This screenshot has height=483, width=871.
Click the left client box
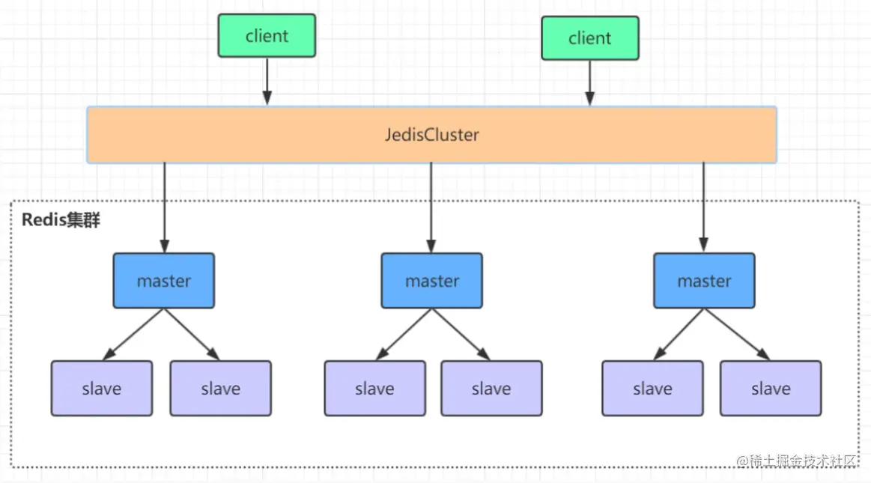(267, 36)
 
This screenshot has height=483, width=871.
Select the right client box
(590, 38)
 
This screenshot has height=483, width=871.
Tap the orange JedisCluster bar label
(431, 136)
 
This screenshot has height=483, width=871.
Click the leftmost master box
(164, 281)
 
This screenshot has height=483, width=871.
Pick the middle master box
(431, 281)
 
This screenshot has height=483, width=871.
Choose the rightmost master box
(704, 281)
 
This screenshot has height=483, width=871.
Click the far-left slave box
(102, 389)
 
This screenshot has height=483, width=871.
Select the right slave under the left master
(220, 389)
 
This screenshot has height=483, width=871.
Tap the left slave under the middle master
(374, 389)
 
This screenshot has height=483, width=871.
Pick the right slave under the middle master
(491, 389)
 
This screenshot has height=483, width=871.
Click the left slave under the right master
(652, 389)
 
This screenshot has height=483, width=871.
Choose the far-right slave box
(771, 389)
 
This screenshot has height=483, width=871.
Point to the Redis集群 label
(61, 221)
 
